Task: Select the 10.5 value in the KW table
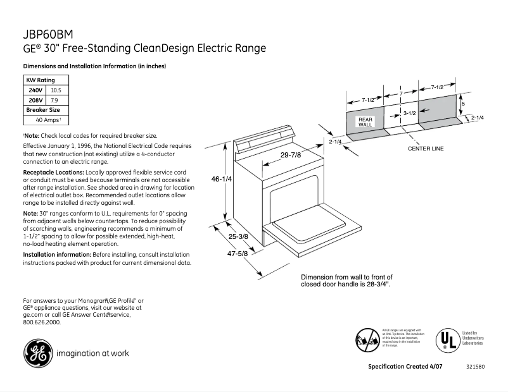pyautogui.click(x=56, y=90)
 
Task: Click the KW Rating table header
pyautogui.click(x=40, y=80)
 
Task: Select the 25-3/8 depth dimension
pyautogui.click(x=238, y=236)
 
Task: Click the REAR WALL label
pyautogui.click(x=365, y=122)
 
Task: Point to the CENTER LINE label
pyautogui.click(x=425, y=148)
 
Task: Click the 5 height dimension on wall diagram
pyautogui.click(x=463, y=103)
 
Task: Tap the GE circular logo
pyautogui.click(x=38, y=353)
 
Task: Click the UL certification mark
pyautogui.click(x=446, y=340)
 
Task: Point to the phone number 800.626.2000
pyautogui.click(x=42, y=322)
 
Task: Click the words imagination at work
pyautogui.click(x=92, y=353)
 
